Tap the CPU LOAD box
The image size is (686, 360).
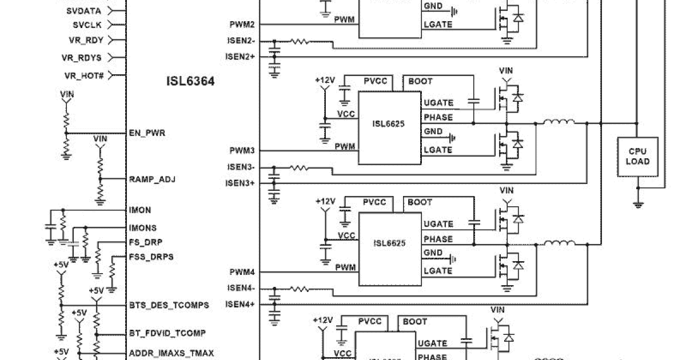coord(637,156)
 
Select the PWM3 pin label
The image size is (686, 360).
coord(242,151)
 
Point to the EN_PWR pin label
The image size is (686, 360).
coord(147,133)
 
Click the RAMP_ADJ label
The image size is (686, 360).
coord(152,179)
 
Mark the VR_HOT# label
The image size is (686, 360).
coord(84,75)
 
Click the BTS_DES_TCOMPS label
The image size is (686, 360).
coord(169,305)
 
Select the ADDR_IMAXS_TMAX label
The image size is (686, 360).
coord(171,353)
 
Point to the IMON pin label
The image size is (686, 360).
coord(140,210)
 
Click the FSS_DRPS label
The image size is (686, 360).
coord(151,257)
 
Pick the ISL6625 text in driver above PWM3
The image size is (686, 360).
coord(389,123)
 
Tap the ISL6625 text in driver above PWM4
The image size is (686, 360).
coord(389,243)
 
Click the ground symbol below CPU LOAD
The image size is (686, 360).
coord(637,203)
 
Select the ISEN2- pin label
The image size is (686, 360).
coord(241,41)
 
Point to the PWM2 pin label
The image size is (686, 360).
coord(242,25)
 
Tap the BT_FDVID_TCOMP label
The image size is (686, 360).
coord(167,333)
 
